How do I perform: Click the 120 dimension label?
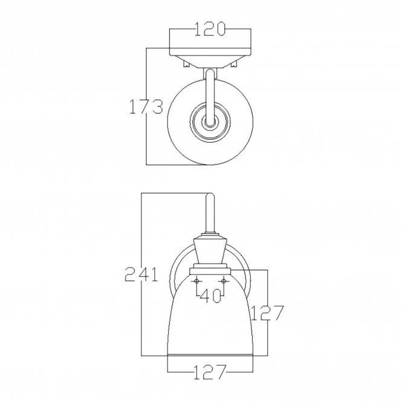(x=210, y=29)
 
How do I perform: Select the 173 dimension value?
(x=146, y=106)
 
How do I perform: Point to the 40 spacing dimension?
(x=210, y=297)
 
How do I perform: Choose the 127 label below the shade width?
(x=210, y=371)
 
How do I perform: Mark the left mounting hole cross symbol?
(x=197, y=280)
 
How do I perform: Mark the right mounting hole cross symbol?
(x=224, y=280)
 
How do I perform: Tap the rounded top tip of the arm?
(x=210, y=195)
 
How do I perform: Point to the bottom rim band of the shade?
(x=210, y=351)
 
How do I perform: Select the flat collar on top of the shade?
(x=210, y=267)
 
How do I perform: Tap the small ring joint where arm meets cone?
(x=210, y=235)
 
